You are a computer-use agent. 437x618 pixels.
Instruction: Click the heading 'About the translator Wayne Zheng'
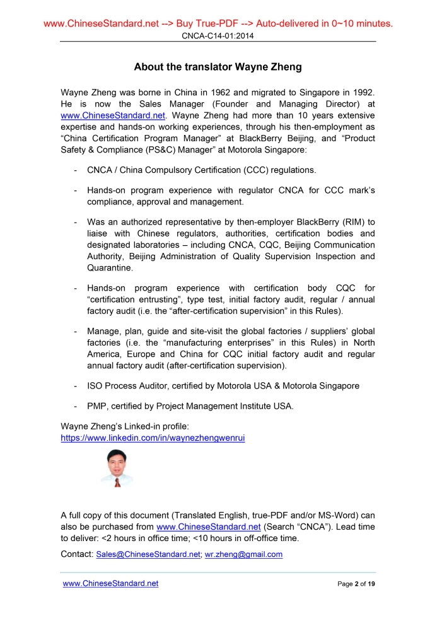(x=218, y=67)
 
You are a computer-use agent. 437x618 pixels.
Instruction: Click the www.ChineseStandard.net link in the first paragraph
(x=113, y=116)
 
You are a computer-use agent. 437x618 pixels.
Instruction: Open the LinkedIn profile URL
(x=153, y=437)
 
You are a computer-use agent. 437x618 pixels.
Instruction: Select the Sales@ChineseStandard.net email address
(x=149, y=555)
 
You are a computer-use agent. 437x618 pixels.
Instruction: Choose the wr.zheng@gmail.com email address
(x=244, y=555)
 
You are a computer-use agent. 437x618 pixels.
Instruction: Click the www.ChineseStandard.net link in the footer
(x=110, y=584)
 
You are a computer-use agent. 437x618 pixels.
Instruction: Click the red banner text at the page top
(x=218, y=24)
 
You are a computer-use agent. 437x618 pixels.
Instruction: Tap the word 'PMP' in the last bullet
(x=97, y=406)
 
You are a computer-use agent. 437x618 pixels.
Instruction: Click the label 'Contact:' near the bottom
(x=77, y=555)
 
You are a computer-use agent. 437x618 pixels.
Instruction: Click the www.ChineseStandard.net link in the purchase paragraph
(x=208, y=527)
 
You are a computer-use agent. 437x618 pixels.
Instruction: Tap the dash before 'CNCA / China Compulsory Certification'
(x=76, y=170)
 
